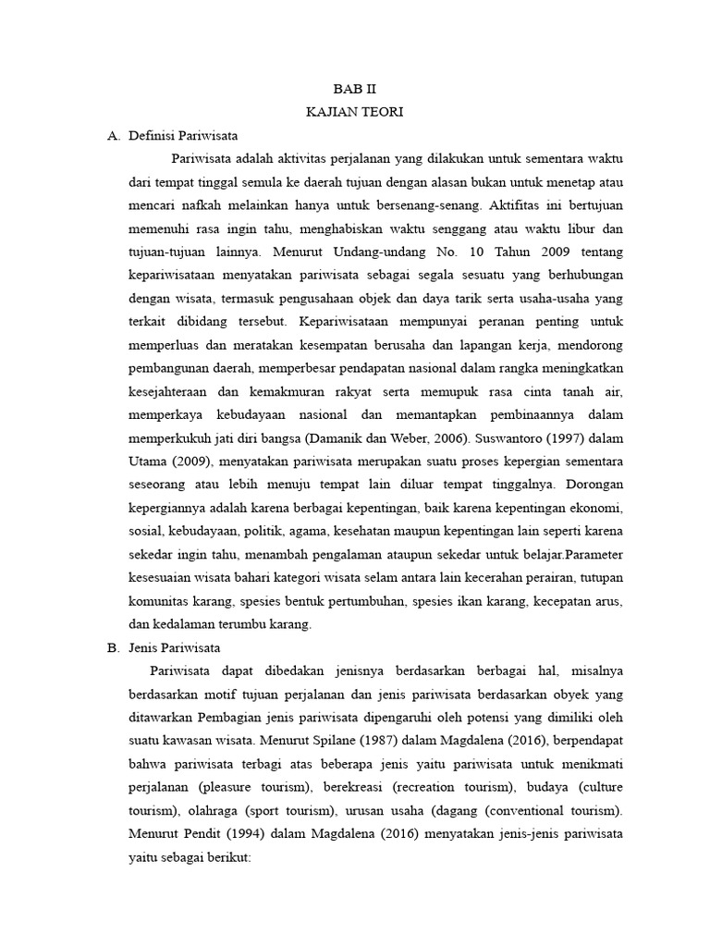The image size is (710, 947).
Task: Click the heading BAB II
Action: pyautogui.click(x=355, y=90)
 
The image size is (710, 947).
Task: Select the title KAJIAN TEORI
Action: pyautogui.click(x=355, y=112)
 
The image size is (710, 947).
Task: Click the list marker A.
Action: pyautogui.click(x=114, y=135)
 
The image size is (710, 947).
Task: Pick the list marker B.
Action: pyautogui.click(x=114, y=647)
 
